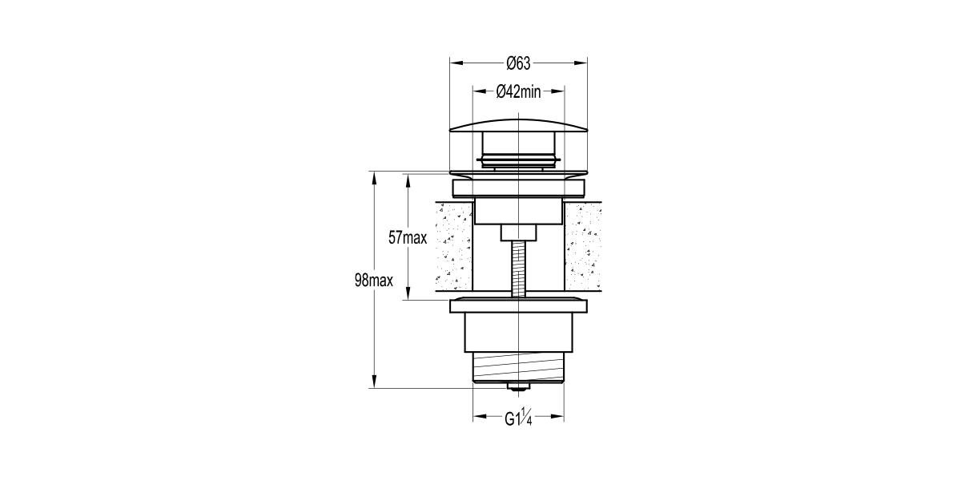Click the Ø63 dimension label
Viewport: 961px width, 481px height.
[519, 63]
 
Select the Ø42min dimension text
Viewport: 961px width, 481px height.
[519, 91]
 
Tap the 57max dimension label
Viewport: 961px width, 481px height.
[408, 238]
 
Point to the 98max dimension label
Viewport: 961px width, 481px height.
[372, 281]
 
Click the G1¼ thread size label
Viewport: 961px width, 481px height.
[519, 418]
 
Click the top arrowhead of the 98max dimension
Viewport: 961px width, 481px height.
[373, 176]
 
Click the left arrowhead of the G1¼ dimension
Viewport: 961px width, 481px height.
[478, 418]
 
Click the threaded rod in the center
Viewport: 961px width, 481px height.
[519, 269]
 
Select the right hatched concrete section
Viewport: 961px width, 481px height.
[583, 247]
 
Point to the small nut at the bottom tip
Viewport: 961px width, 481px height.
[519, 389]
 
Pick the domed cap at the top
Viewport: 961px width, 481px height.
[519, 124]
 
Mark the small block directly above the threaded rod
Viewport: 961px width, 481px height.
[519, 233]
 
